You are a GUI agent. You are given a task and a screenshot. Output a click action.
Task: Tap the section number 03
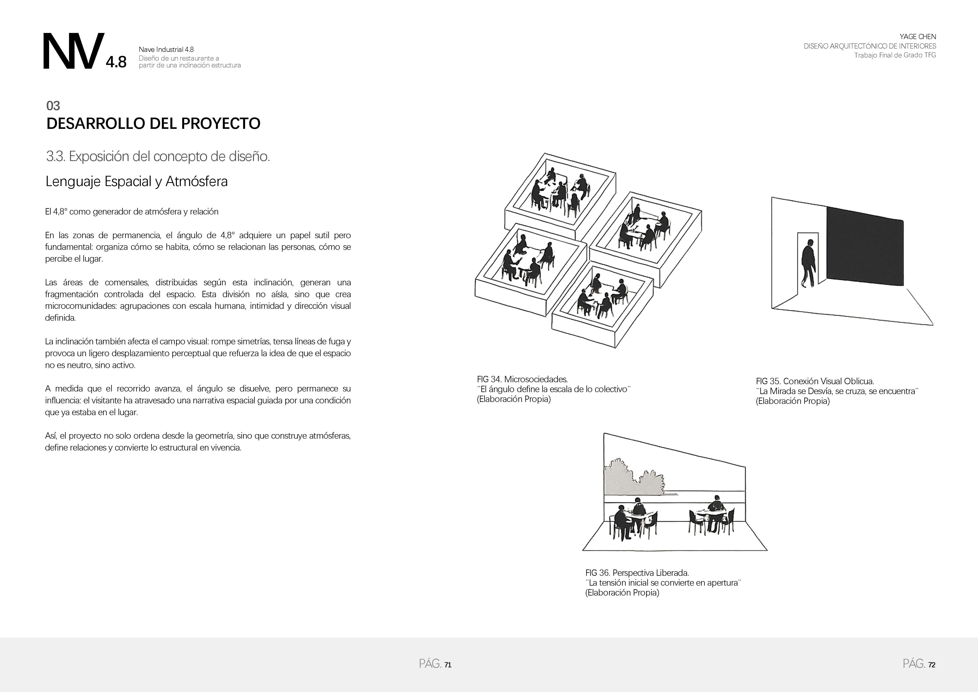[53, 106]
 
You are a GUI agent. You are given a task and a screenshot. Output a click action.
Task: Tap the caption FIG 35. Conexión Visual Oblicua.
[815, 381]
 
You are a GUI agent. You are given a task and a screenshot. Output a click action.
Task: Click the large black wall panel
[865, 246]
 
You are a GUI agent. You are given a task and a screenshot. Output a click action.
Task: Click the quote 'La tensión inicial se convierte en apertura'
[664, 583]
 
